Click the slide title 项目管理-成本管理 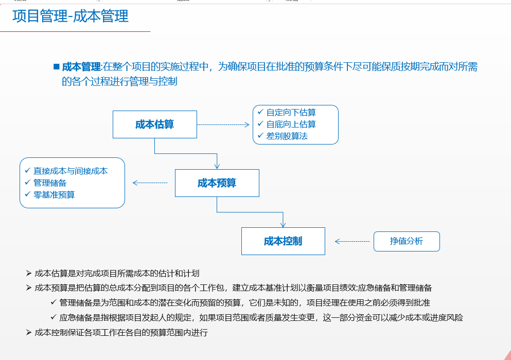click(x=71, y=16)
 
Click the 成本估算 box click(x=154, y=124)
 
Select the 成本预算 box click(x=217, y=183)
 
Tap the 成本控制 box click(x=283, y=241)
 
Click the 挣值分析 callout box click(x=407, y=241)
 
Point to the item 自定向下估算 click(x=291, y=112)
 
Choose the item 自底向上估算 click(x=291, y=124)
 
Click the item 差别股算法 click(x=287, y=136)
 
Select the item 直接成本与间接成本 click(x=71, y=171)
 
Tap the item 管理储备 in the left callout click(x=50, y=183)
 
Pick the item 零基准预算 click(x=54, y=194)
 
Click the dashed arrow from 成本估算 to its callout click(x=223, y=124)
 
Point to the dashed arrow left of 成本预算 click(x=150, y=183)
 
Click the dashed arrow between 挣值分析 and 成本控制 click(x=353, y=241)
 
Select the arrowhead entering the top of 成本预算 click(x=217, y=166)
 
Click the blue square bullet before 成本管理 click(x=57, y=66)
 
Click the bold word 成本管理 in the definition click(x=81, y=67)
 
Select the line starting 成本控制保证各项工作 click(x=121, y=332)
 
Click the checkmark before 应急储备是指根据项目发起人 click(x=54, y=317)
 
